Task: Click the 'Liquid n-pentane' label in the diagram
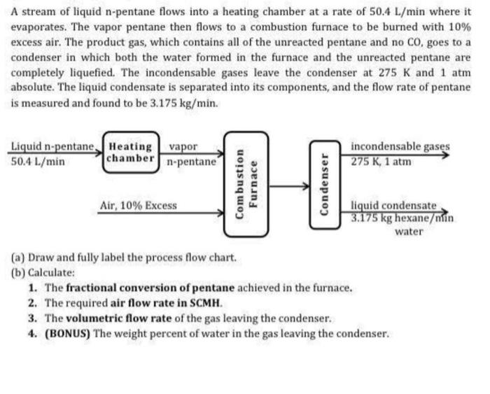click(x=52, y=147)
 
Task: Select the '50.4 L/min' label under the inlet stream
click(x=39, y=161)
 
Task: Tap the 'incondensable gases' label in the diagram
click(x=400, y=147)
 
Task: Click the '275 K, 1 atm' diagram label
click(x=381, y=161)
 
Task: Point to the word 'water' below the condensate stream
click(x=409, y=231)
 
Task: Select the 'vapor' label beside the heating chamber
click(x=183, y=147)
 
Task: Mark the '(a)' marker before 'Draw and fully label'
click(x=19, y=257)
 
